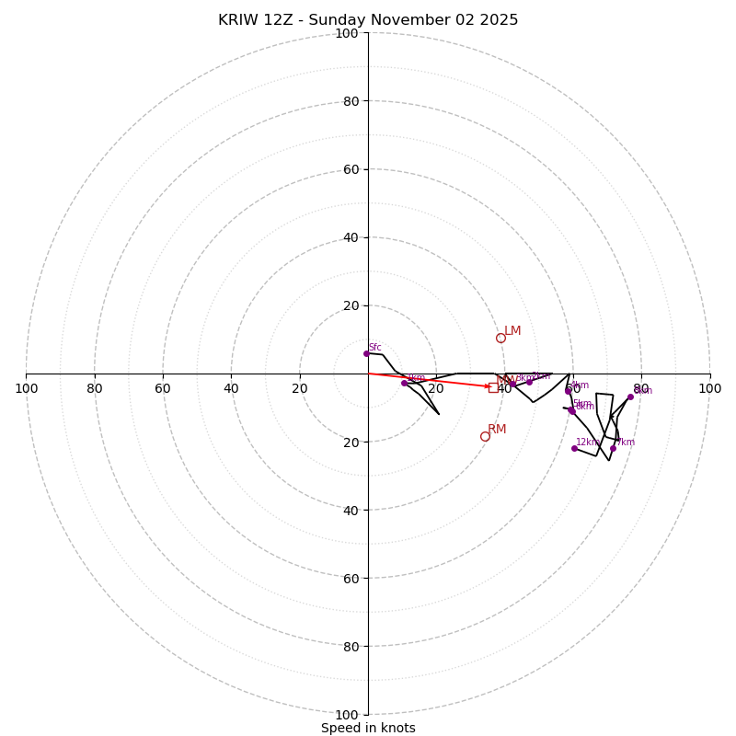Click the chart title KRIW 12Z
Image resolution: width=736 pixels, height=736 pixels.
(368, 20)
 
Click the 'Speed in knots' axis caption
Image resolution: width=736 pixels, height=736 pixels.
(368, 728)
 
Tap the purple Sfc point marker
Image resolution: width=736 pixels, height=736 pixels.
(366, 353)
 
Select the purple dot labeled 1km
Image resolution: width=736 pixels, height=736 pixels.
(404, 383)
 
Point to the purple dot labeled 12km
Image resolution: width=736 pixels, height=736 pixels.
(574, 448)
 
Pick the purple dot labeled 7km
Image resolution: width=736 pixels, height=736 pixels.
(613, 448)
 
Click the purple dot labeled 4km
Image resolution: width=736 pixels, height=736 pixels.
(568, 391)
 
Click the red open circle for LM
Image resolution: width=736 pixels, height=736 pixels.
(500, 338)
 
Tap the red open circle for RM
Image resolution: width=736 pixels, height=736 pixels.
(485, 436)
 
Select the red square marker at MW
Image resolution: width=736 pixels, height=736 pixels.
(493, 387)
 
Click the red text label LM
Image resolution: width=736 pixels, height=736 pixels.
(512, 330)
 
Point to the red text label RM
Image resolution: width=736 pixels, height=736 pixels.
(497, 429)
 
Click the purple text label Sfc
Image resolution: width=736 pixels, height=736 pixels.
(374, 347)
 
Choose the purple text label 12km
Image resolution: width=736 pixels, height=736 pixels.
(587, 442)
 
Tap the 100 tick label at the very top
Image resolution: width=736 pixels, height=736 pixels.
(347, 33)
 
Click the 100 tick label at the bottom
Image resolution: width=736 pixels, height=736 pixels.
(347, 714)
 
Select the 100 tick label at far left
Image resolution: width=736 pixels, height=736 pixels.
(26, 388)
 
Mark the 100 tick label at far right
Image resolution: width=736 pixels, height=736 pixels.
(709, 388)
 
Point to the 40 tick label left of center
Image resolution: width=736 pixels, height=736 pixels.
(231, 388)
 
